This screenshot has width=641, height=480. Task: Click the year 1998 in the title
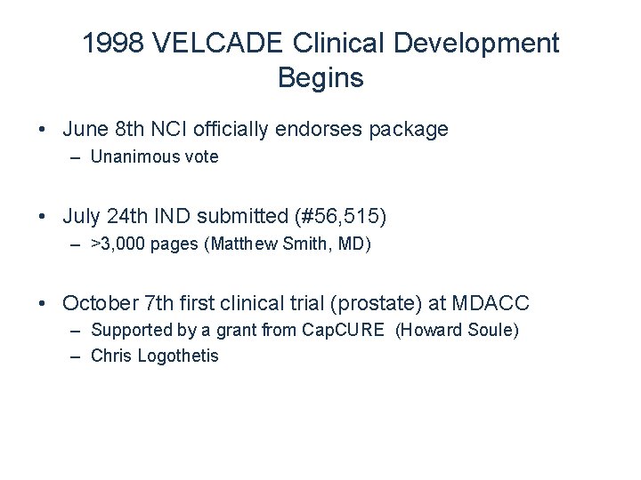(x=109, y=44)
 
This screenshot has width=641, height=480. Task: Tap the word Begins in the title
(x=320, y=77)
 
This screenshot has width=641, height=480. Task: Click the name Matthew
(x=241, y=243)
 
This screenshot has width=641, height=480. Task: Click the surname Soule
(x=491, y=331)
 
